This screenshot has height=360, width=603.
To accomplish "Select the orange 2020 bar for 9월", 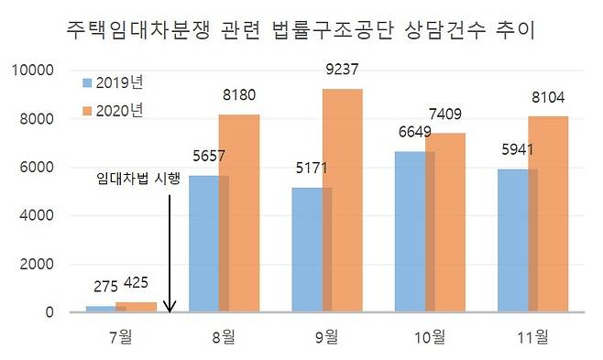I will (x=342, y=200).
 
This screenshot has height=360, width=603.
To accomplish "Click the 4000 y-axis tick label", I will (x=39, y=216).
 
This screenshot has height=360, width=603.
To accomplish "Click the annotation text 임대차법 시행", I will (x=139, y=180).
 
